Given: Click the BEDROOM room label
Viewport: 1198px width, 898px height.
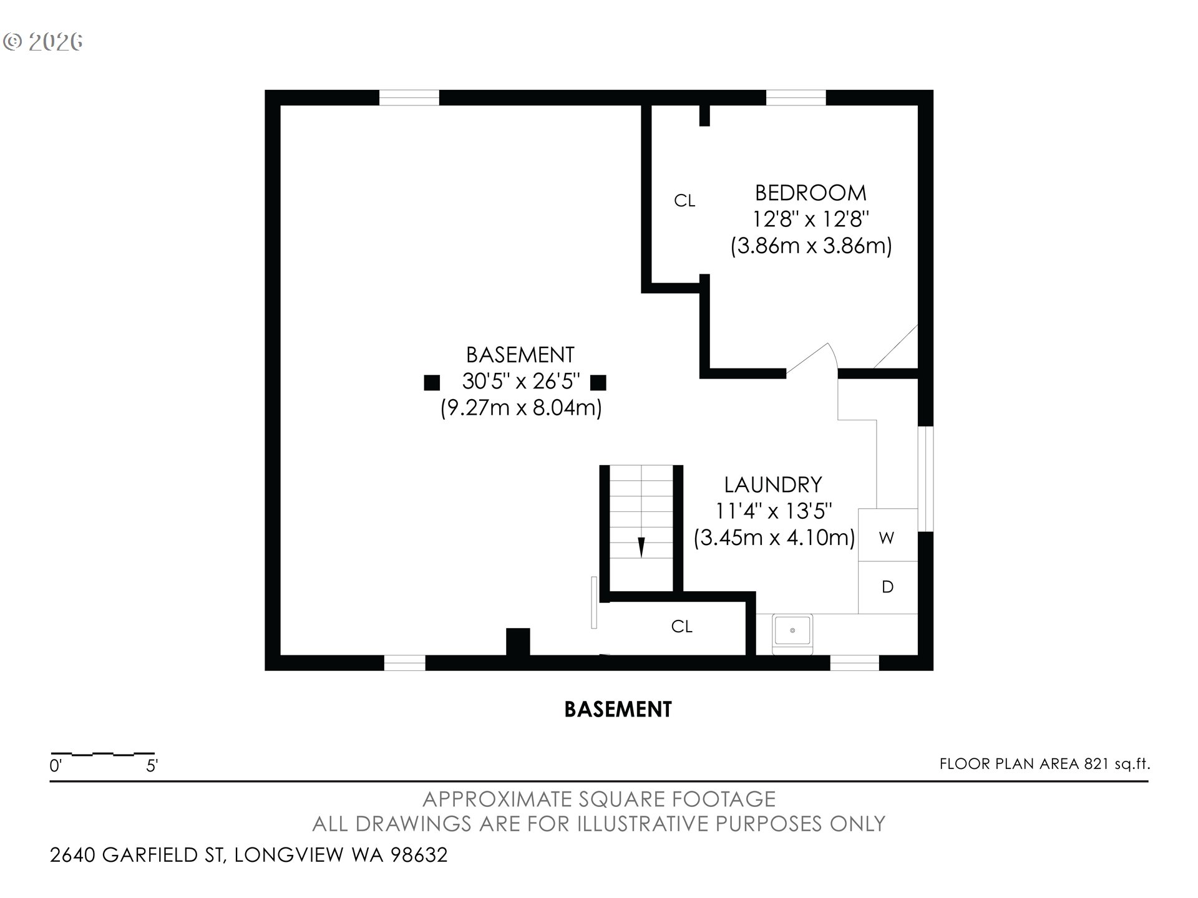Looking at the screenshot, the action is pos(811,193).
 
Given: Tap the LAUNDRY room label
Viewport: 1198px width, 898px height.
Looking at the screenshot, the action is pos(773,485).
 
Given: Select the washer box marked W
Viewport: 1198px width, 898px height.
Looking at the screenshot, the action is pos(888,535).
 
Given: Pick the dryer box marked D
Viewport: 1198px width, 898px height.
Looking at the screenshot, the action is pos(888,587).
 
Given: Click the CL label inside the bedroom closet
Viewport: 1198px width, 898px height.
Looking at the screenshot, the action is pos(684,201).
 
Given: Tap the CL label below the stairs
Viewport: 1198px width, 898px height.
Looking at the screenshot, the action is pos(682,626).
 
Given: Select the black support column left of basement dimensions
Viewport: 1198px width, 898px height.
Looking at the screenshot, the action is pos(432,382).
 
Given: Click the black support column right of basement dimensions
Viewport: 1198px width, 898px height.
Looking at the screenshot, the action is pos(598,382).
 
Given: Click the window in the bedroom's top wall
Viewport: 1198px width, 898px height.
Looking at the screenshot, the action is pos(796,98).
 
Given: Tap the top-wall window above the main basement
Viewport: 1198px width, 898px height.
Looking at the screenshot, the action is pos(409,98).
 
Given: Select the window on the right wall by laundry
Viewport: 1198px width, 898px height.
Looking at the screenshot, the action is pos(926,479).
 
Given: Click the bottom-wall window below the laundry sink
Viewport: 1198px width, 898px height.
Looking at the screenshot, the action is pos(854,663).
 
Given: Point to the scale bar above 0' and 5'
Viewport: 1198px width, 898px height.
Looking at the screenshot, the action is pos(102,754).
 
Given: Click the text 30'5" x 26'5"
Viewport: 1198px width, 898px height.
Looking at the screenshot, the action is pos(521,381).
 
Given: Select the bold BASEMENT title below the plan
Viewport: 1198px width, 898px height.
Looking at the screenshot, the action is pos(618,710).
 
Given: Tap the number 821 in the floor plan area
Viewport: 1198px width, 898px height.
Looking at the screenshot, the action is pos(1096,764).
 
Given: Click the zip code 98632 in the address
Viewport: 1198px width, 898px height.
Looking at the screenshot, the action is pos(419,854).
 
